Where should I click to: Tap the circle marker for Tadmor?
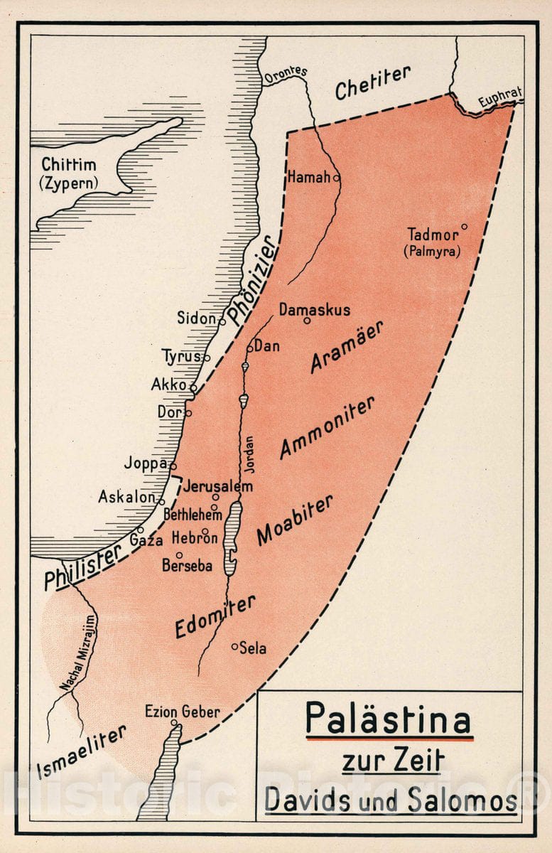click(x=464, y=227)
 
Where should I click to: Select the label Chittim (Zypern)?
click(x=68, y=174)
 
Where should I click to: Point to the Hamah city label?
click(x=308, y=178)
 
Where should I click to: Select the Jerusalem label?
click(x=218, y=488)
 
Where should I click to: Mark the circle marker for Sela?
click(x=234, y=647)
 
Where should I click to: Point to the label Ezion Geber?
click(x=182, y=712)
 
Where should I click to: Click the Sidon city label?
click(x=195, y=318)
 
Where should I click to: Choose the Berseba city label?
click(x=187, y=567)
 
